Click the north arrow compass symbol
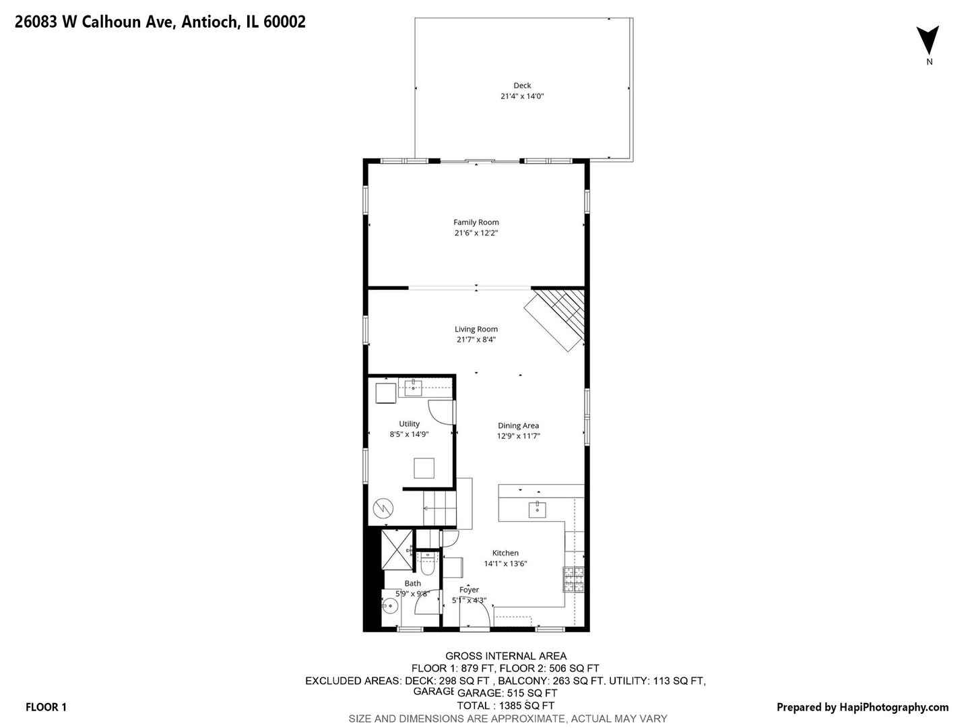pos(928,40)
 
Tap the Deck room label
pos(522,86)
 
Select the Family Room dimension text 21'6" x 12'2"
pos(476,233)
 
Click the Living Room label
pos(476,330)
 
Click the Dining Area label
pos(518,425)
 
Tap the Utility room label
pos(409,424)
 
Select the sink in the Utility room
pos(413,387)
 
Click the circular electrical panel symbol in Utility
pos(383,508)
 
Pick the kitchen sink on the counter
pos(537,508)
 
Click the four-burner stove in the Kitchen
pos(574,580)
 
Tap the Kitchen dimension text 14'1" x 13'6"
pos(505,564)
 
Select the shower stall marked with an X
pos(397,551)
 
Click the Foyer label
pos(469,590)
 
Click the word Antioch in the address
pos(209,22)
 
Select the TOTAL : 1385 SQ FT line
pos(505,706)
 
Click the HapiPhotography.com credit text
pos(893,707)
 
